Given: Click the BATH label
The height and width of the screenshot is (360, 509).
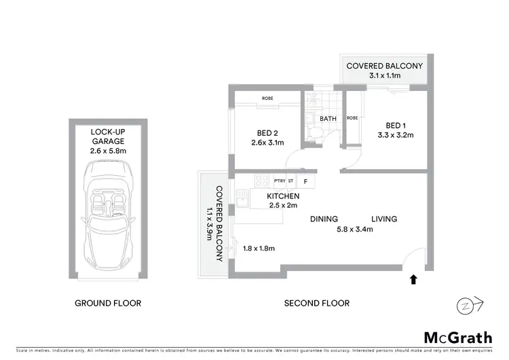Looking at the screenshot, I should tap(328, 118).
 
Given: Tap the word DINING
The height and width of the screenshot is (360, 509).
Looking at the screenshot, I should tap(324, 219).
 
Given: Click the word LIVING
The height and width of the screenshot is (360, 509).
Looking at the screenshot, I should tap(383, 219).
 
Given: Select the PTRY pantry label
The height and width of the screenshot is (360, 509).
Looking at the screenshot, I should tap(279, 181).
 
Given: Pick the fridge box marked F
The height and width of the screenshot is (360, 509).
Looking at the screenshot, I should tap(306, 181).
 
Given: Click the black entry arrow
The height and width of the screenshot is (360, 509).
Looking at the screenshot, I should tap(413, 278).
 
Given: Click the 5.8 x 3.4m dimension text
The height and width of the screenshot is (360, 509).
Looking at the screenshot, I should tap(354, 230).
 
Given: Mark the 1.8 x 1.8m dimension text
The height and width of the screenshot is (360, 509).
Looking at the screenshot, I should tap(259, 249).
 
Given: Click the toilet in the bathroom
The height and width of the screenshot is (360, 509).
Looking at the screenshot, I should tap(314, 134).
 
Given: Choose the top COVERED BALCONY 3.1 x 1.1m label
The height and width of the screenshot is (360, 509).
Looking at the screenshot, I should tap(384, 71).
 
